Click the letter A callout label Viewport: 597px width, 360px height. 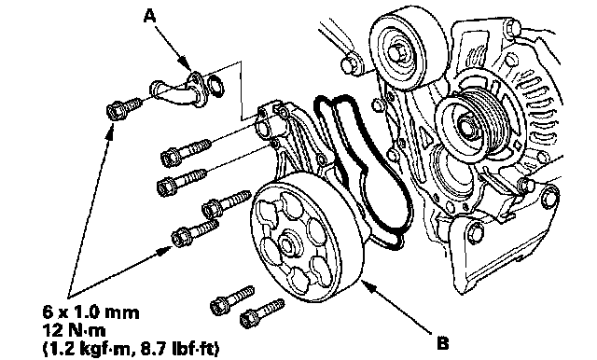(150, 17)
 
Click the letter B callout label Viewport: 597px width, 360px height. (443, 343)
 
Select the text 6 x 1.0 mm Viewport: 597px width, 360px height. (91, 312)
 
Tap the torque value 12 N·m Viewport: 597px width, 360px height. (74, 330)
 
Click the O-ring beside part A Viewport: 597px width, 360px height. (216, 86)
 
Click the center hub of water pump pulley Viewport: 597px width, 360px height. (287, 243)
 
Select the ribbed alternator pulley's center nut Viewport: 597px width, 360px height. (467, 128)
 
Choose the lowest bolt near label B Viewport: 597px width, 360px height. (262, 313)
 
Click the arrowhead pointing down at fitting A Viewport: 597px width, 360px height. (186, 62)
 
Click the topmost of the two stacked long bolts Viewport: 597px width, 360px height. (186, 153)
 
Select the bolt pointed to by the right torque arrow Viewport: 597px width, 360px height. (195, 232)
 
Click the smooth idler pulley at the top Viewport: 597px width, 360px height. (409, 48)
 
